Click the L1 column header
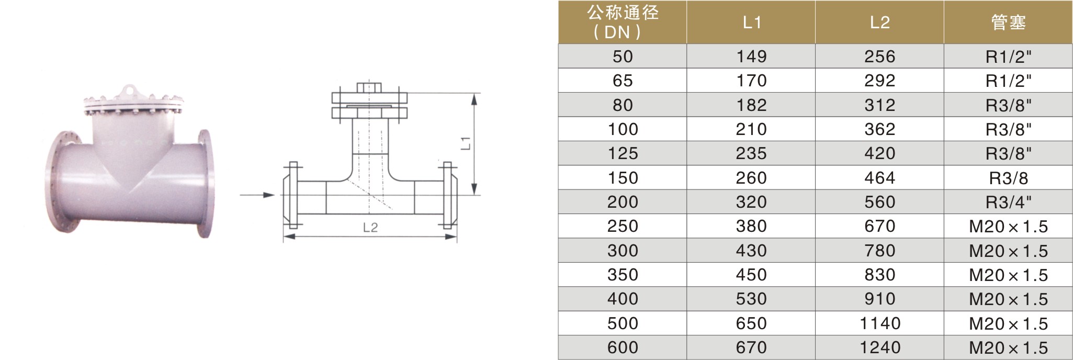tap(751, 22)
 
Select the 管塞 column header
tap(1008, 22)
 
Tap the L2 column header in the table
tap(879, 22)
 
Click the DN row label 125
tap(623, 153)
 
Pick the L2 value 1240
tap(879, 347)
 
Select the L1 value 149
tap(751, 57)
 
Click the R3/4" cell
tap(1008, 202)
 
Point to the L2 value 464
tap(879, 178)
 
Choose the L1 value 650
tap(751, 323)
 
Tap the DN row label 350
tap(623, 275)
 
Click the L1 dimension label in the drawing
tap(467, 143)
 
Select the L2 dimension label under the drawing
tap(370, 228)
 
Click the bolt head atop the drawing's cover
tap(369, 87)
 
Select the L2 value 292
tap(879, 81)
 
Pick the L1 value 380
tap(751, 226)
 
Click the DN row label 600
tap(623, 347)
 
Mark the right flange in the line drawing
tap(448, 195)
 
